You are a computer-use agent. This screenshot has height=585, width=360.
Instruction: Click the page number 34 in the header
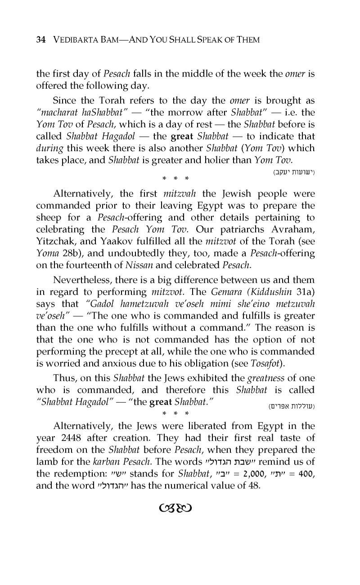pyautogui.click(x=40, y=40)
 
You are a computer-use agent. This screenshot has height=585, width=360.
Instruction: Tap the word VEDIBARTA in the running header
pyautogui.click(x=72, y=40)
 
